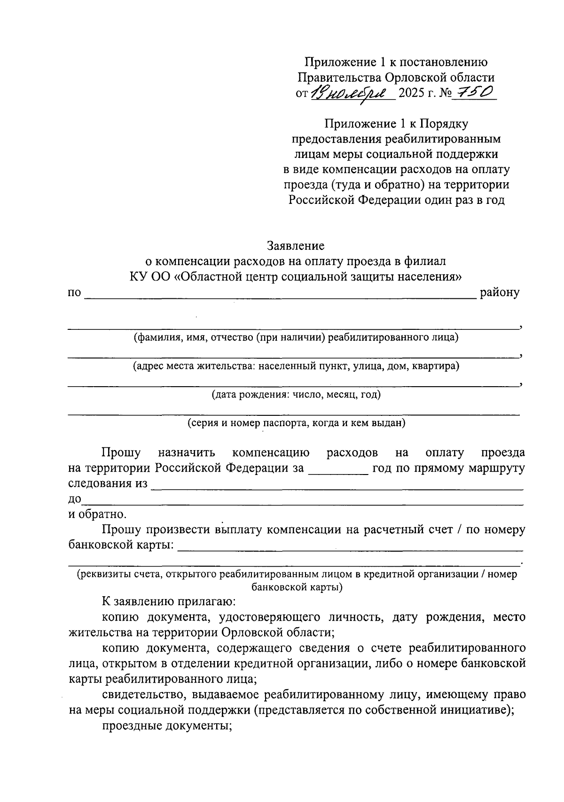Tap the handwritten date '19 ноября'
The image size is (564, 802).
click(x=351, y=93)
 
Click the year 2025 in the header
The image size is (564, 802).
click(x=411, y=93)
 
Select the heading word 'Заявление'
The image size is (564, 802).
click(x=295, y=246)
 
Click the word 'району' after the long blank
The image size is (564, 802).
click(x=499, y=293)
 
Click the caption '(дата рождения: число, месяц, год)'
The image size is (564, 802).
click(x=296, y=394)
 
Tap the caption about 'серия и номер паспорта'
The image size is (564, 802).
click(x=296, y=423)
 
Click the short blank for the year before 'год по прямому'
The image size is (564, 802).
click(x=338, y=472)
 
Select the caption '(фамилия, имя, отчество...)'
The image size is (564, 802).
click(x=296, y=337)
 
